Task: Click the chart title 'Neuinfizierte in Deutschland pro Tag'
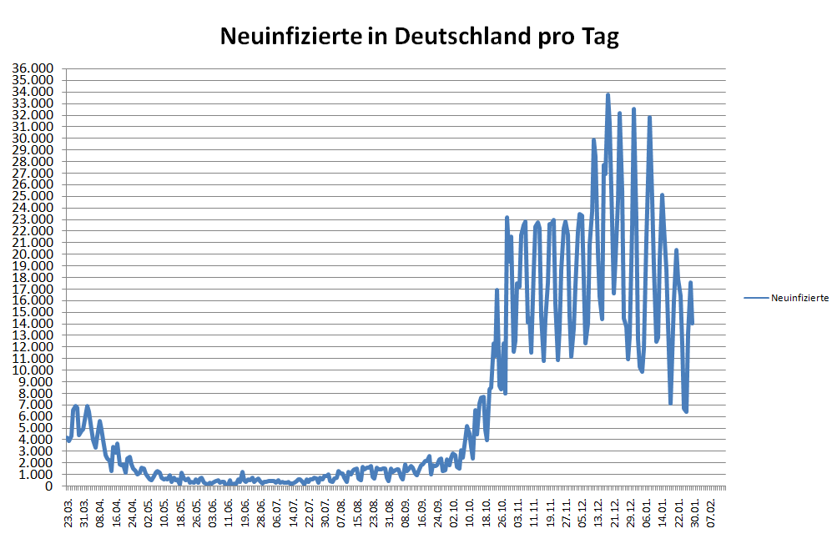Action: click(419, 37)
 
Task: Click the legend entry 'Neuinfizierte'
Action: click(799, 297)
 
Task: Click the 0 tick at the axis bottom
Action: click(49, 486)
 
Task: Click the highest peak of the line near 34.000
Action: click(608, 95)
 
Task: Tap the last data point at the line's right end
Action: click(693, 323)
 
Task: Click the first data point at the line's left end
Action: click(68, 437)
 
